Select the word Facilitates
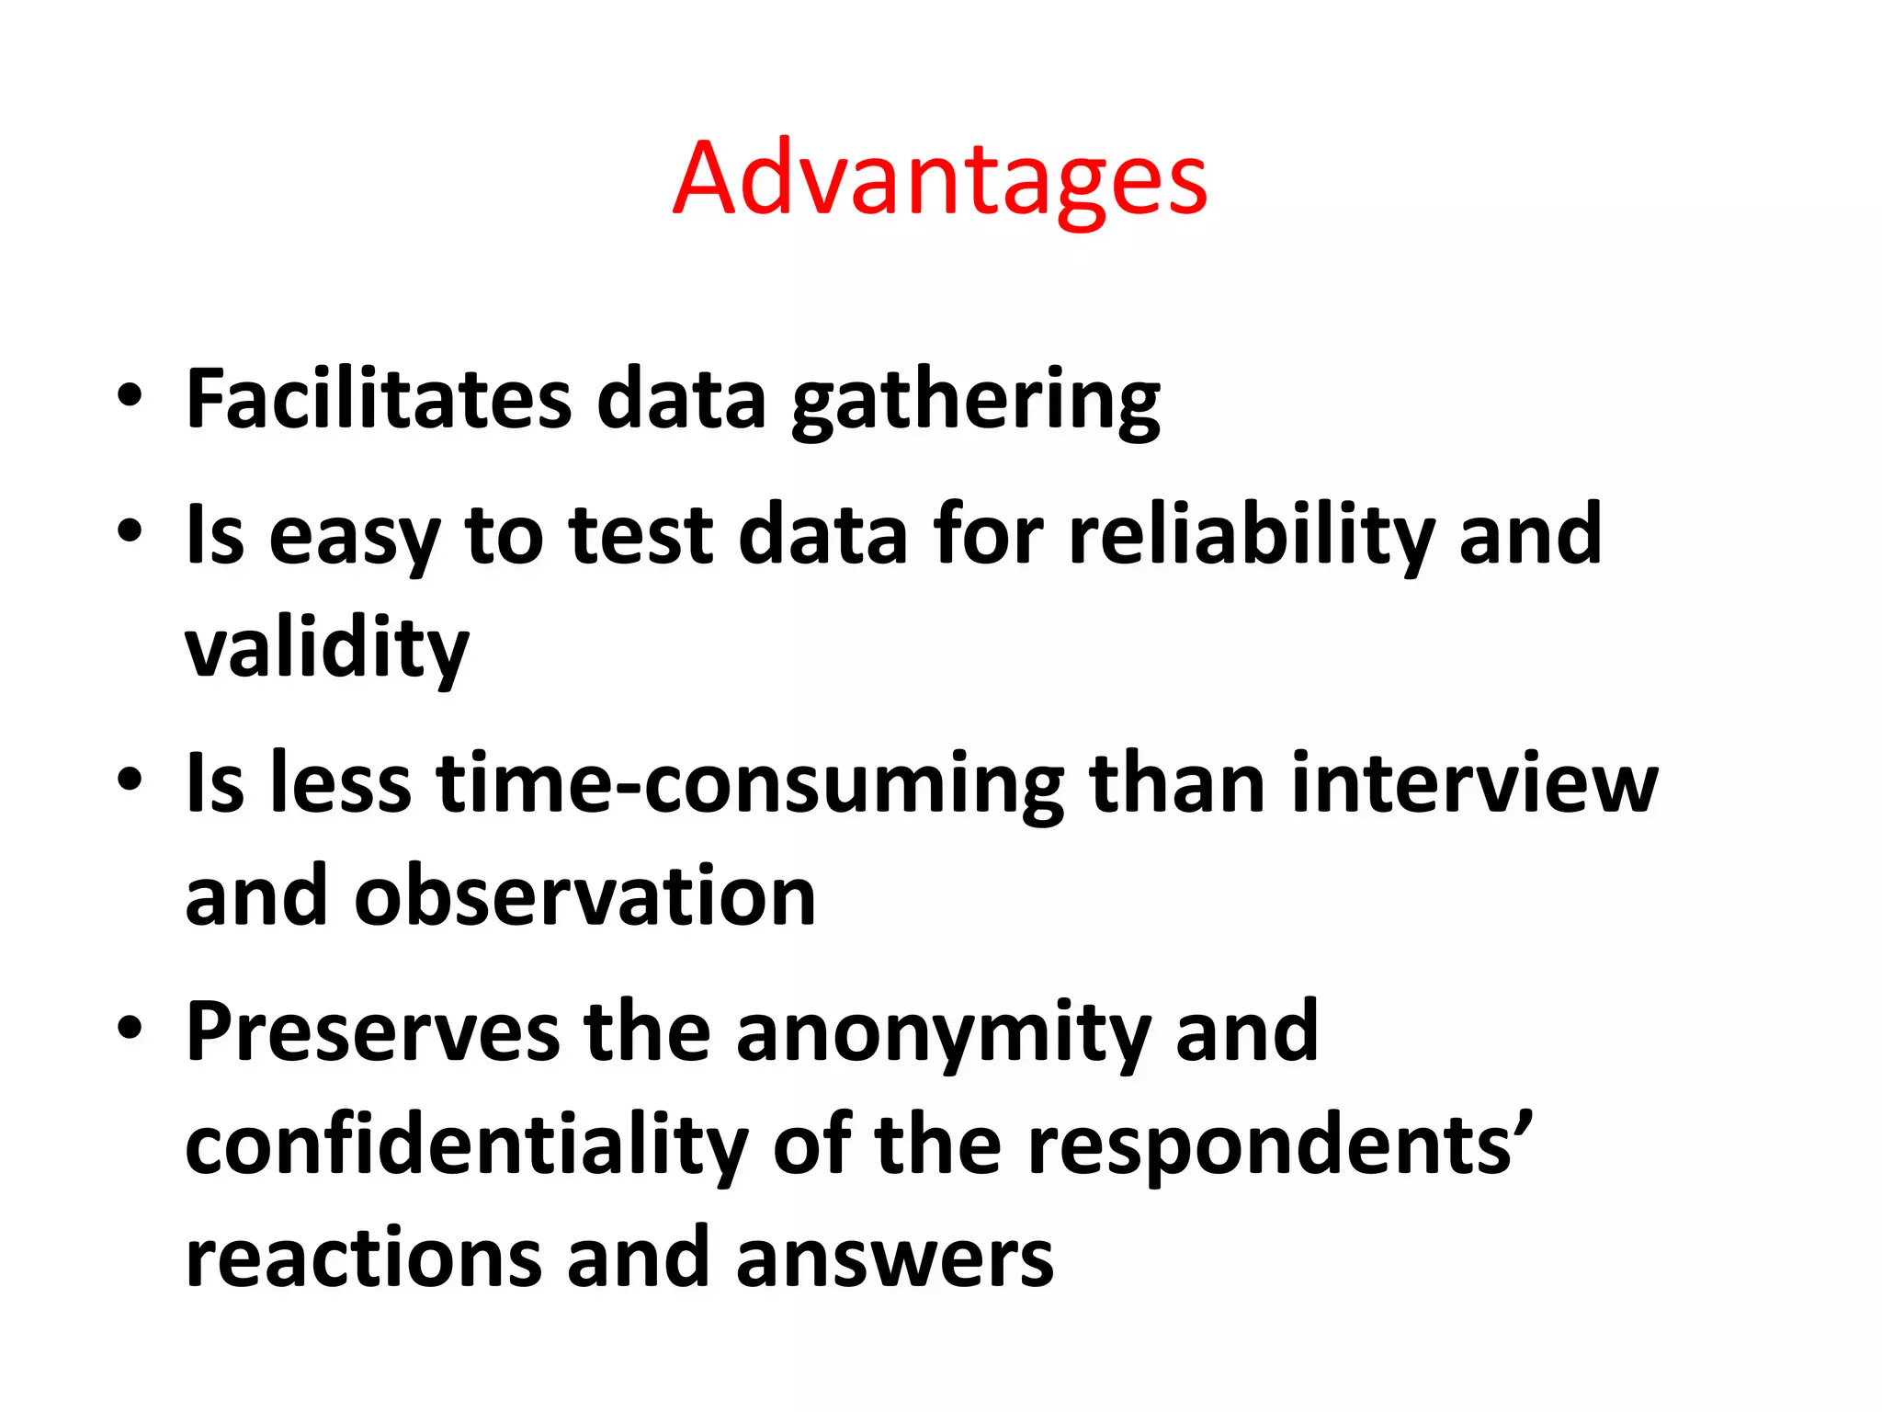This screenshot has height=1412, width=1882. click(x=379, y=399)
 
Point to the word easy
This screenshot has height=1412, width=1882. click(x=354, y=536)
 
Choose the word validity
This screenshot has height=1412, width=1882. click(x=326, y=648)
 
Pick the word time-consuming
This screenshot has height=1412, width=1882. click(x=749, y=785)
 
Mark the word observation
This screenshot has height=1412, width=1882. click(x=585, y=896)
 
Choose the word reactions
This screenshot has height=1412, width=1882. click(x=364, y=1258)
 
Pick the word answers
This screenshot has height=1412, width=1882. click(x=894, y=1258)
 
